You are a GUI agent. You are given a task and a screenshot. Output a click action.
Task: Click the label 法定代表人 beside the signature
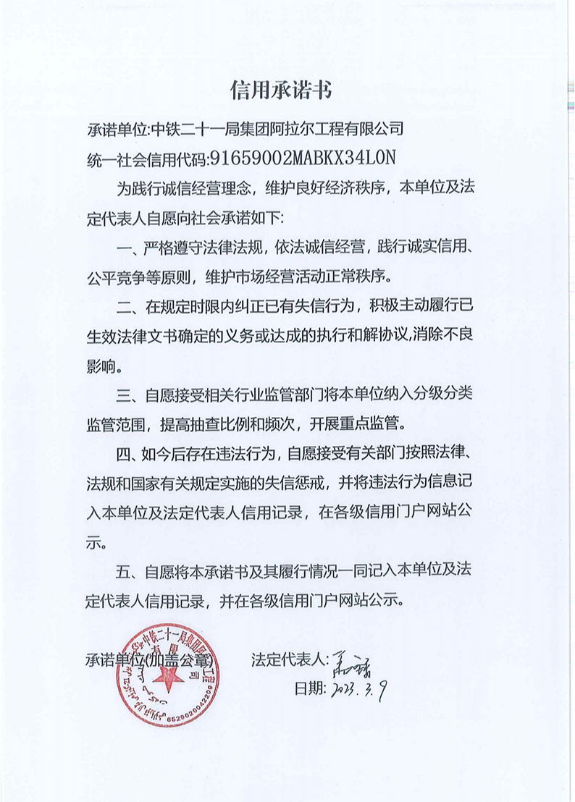coord(288,660)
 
